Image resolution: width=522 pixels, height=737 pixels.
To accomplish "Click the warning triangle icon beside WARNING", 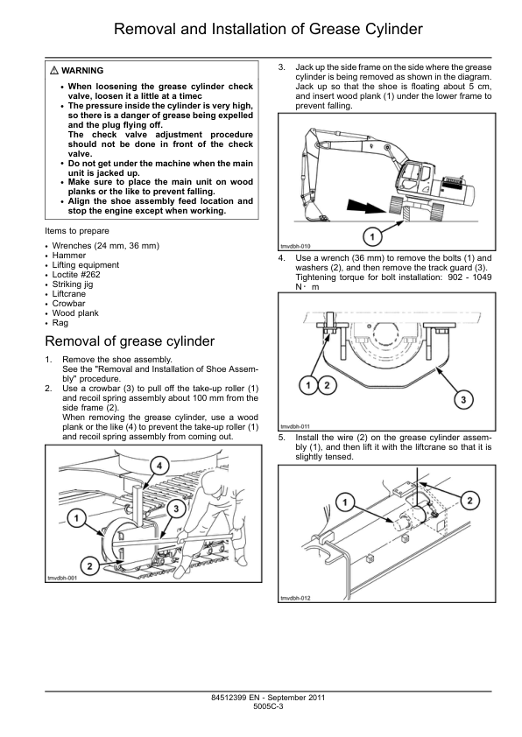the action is pyautogui.click(x=54, y=71).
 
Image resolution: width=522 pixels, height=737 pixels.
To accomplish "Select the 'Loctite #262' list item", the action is pyautogui.click(x=76, y=275).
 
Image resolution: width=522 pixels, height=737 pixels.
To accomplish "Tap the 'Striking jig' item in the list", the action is pyautogui.click(x=73, y=284).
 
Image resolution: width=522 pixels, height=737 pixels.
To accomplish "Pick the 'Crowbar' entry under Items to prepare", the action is pyautogui.click(x=68, y=304).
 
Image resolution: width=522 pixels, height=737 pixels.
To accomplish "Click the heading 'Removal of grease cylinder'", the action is pyautogui.click(x=130, y=341).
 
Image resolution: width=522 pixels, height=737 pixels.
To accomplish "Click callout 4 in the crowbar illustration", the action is pyautogui.click(x=159, y=466).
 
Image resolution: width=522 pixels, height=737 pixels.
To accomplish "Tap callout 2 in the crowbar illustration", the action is pyautogui.click(x=89, y=566).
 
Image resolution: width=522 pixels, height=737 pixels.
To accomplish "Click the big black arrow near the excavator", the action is pyautogui.click(x=368, y=206).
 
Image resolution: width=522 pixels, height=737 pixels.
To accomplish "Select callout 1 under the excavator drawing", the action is pyautogui.click(x=372, y=237).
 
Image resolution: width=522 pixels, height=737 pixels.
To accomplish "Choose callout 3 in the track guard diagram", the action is pyautogui.click(x=463, y=400).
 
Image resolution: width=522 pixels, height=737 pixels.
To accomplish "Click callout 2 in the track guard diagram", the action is pyautogui.click(x=327, y=386).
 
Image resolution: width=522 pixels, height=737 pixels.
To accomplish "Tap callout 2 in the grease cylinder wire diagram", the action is pyautogui.click(x=469, y=500).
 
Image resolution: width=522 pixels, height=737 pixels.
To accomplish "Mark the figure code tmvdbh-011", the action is pyautogui.click(x=295, y=427).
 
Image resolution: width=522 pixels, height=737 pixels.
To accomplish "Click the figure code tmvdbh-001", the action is pyautogui.click(x=62, y=578).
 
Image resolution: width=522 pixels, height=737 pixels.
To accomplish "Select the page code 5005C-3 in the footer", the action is pyautogui.click(x=268, y=706).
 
